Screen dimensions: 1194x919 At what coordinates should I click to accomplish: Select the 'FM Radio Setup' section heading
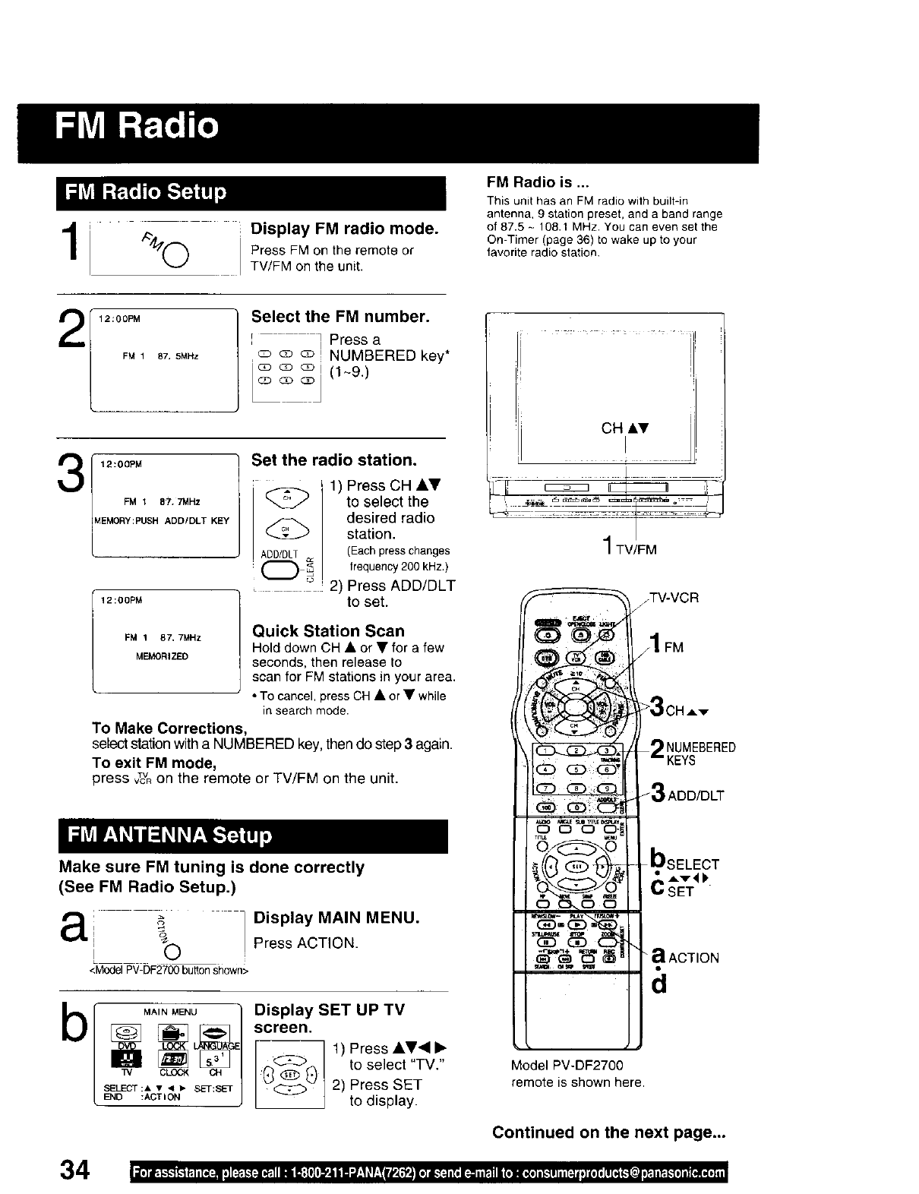pyautogui.click(x=146, y=191)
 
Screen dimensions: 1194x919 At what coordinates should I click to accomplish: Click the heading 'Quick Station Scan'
pyautogui.click(x=328, y=630)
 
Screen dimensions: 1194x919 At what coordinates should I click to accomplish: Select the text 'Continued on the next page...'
pyautogui.click(x=609, y=1132)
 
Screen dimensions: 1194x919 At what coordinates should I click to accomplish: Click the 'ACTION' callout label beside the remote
pyautogui.click(x=693, y=958)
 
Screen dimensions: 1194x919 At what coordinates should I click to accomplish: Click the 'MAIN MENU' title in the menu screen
pyautogui.click(x=170, y=1012)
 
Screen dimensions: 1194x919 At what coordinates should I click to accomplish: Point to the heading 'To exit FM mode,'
pyautogui.click(x=155, y=763)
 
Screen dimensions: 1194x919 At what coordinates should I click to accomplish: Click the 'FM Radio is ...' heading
pyautogui.click(x=538, y=183)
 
